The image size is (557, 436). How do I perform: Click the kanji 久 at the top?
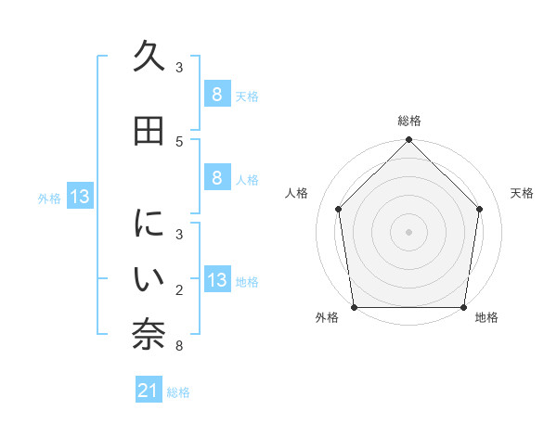click(x=149, y=58)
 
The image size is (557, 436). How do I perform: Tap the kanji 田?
click(x=149, y=131)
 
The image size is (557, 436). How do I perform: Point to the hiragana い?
click(x=149, y=278)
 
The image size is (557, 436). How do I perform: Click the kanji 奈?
click(x=149, y=335)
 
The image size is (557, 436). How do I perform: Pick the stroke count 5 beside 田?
click(x=179, y=141)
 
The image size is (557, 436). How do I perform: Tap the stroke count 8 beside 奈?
click(x=179, y=347)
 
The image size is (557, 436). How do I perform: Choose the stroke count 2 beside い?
click(x=179, y=290)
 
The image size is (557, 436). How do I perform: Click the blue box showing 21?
click(x=148, y=391)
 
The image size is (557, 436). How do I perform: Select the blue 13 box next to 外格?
click(x=79, y=197)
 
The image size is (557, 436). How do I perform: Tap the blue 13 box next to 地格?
click(x=216, y=281)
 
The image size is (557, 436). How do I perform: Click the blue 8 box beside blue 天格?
click(x=216, y=95)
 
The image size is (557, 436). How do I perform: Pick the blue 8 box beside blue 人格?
click(x=216, y=178)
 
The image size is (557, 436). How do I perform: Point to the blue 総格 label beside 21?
click(x=178, y=392)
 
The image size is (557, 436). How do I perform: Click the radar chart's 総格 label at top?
click(x=408, y=121)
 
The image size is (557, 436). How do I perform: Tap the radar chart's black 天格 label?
click(x=522, y=193)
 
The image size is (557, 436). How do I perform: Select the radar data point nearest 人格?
click(x=338, y=209)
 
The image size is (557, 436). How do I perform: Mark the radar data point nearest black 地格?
click(x=463, y=307)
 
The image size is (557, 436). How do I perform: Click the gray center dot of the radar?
click(x=408, y=231)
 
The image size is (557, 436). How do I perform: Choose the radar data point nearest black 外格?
click(x=354, y=307)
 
